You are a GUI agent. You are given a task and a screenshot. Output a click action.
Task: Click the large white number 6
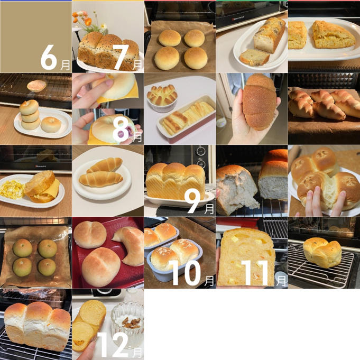[49, 57]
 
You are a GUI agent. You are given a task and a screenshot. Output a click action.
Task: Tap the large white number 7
[121, 57]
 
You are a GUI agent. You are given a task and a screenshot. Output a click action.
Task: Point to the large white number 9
[194, 201]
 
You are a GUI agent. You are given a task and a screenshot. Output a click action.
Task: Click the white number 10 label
[186, 273]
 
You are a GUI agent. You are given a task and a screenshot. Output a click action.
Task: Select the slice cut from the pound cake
[254, 57]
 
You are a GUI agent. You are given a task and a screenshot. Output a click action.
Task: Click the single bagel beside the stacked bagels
[51, 124]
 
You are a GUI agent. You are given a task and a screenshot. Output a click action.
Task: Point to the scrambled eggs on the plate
[12, 190]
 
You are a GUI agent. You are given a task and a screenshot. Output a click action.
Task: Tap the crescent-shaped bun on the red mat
[130, 245]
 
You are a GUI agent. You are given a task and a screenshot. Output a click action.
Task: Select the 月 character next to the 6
[65, 65]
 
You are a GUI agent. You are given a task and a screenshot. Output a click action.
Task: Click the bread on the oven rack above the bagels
[36, 86]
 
